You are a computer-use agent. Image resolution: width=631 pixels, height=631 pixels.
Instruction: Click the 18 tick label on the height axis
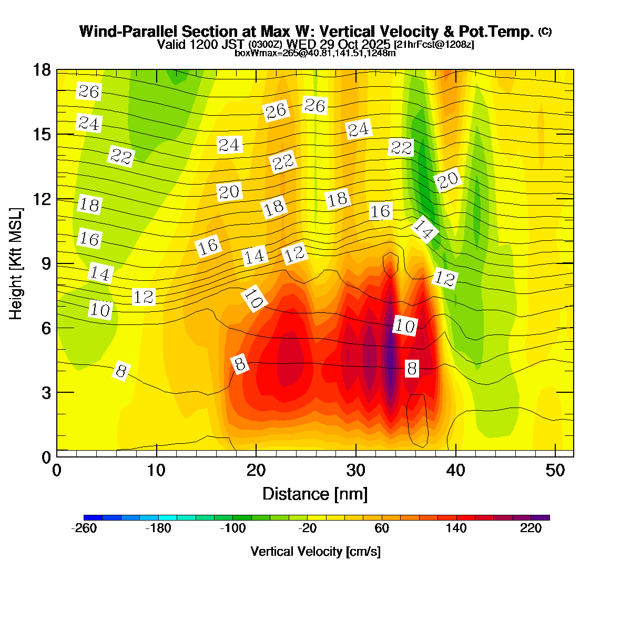[42, 70]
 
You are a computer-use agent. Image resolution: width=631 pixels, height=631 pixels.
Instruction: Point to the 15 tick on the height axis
[42, 135]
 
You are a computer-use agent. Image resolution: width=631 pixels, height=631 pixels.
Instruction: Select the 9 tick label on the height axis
[46, 263]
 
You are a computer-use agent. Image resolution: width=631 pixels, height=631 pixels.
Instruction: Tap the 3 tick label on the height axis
[46, 393]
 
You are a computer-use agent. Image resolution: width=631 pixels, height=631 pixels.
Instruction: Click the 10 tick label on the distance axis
[156, 470]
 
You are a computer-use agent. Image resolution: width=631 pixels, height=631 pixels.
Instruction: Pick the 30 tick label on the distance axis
[356, 470]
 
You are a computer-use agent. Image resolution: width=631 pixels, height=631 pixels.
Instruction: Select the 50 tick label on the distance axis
[556, 470]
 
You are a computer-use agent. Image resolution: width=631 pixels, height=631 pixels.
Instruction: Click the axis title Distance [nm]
[315, 494]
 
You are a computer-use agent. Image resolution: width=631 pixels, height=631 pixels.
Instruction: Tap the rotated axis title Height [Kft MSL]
[16, 263]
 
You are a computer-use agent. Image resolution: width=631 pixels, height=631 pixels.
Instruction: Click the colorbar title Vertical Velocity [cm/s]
[315, 552]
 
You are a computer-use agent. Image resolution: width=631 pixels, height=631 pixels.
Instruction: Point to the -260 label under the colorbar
[84, 528]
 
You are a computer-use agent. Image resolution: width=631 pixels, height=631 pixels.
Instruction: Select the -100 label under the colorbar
[233, 528]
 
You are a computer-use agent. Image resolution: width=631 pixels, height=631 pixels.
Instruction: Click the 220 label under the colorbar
[531, 528]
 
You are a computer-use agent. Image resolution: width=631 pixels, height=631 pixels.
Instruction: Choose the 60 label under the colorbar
[382, 528]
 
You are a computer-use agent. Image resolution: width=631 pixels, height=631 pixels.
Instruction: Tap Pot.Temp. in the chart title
[503, 32]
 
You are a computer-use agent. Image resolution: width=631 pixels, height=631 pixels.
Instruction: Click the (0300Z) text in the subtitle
[265, 44]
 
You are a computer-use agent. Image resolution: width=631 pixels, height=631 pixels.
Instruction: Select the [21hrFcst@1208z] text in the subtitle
[434, 45]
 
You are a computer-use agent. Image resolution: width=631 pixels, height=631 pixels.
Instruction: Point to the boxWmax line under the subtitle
[315, 53]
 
